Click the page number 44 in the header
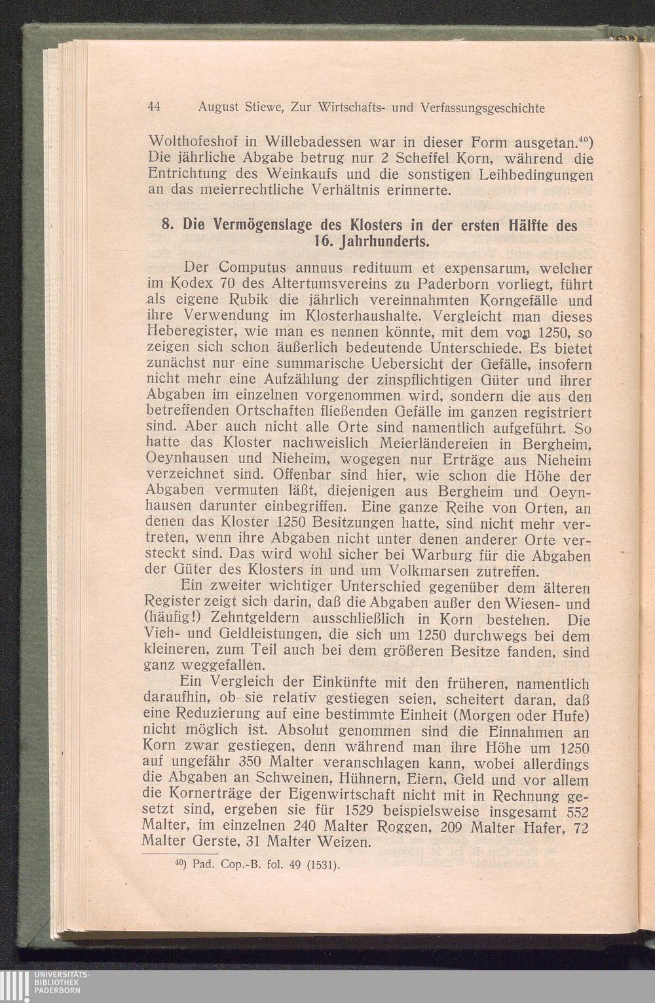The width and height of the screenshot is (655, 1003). click(155, 107)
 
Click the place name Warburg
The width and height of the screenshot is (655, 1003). click(434, 556)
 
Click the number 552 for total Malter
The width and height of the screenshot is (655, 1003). click(576, 811)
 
